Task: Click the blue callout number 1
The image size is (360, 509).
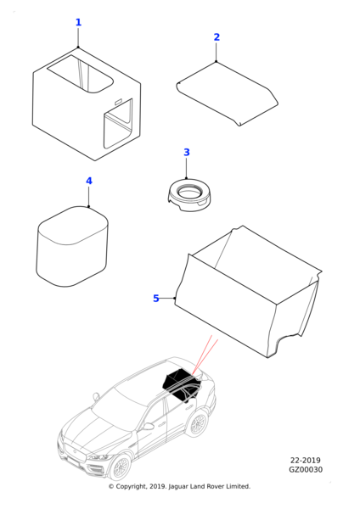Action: coord(78,22)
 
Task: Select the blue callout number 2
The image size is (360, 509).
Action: coord(217,37)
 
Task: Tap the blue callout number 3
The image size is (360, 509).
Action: coord(187,152)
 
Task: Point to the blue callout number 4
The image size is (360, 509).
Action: coord(89,181)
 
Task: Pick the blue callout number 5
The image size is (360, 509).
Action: coord(156,298)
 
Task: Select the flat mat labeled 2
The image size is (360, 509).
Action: coord(227,93)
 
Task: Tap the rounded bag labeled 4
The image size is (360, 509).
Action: coord(72,246)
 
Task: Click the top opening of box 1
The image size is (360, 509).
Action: coord(80,75)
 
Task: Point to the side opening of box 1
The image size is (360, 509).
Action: coord(118,124)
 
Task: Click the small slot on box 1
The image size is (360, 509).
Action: coord(118,102)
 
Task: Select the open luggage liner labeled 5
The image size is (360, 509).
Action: coord(249,292)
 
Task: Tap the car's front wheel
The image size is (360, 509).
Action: coord(121,467)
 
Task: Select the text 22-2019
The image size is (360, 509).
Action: coord(306,461)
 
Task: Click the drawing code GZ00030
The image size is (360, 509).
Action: coord(306,470)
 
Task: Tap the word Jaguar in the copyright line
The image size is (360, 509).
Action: coord(178,487)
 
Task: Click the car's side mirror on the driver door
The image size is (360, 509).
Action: coord(148,426)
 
